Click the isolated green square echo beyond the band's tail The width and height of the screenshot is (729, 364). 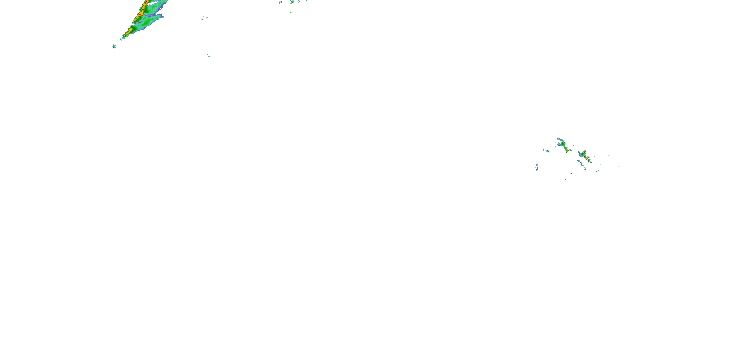point(114,46)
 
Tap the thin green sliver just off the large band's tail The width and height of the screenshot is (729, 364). point(121,39)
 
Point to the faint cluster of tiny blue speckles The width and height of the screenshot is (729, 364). point(204,17)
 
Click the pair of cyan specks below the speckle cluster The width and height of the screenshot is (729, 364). point(208,55)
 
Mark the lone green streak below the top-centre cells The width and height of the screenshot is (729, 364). point(291,12)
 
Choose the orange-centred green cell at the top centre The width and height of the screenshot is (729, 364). point(292,2)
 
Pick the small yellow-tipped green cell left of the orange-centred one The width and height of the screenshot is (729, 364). point(281,2)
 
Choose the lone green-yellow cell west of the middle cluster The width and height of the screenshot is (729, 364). point(547,151)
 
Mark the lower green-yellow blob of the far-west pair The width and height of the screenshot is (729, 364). point(537,169)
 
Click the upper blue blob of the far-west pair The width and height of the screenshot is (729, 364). point(537,165)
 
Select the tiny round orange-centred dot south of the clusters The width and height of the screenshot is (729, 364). point(571,173)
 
